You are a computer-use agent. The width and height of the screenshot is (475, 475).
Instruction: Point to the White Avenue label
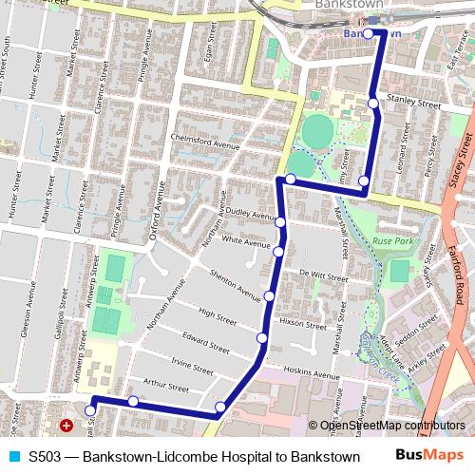[x=241, y=243]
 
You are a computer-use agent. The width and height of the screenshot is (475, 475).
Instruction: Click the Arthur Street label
[x=165, y=388]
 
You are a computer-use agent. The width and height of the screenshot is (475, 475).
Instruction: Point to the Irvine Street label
[x=191, y=365]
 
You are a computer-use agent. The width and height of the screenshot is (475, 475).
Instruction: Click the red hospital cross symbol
[x=66, y=427]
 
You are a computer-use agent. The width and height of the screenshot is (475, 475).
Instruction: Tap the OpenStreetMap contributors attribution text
[x=392, y=426]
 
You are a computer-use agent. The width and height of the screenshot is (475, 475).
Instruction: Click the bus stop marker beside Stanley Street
[x=373, y=103]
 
